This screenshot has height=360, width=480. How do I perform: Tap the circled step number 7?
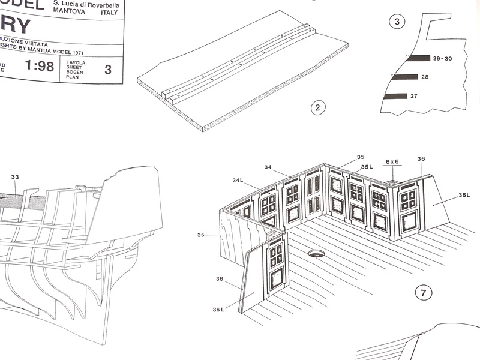424,293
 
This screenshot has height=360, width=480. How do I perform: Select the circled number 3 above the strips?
397,23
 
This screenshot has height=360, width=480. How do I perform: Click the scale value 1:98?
40,66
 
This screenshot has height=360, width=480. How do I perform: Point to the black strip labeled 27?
395,96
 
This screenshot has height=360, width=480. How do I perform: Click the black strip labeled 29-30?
418,58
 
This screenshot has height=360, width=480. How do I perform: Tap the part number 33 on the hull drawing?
15,177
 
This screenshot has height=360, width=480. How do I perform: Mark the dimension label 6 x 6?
393,162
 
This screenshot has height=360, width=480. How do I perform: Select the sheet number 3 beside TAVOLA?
108,69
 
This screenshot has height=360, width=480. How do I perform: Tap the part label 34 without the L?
268,167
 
